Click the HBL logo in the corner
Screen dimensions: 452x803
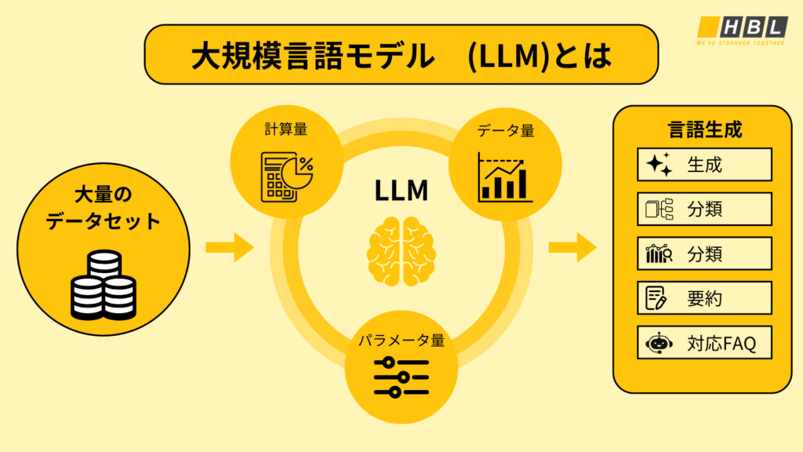(741, 26)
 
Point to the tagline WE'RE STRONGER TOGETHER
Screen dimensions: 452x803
(741, 44)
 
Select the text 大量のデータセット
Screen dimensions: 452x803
(103, 208)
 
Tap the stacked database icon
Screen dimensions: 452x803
(103, 284)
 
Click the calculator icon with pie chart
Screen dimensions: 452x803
(286, 177)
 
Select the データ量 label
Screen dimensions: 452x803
(506, 131)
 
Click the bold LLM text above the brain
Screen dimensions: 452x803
(401, 191)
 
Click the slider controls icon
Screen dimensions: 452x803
(401, 377)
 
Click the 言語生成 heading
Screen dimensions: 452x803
(704, 129)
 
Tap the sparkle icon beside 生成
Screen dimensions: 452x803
(659, 165)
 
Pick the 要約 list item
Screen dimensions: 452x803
(704, 299)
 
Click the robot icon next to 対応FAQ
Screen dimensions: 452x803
(657, 344)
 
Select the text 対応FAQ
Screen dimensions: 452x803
(721, 344)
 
